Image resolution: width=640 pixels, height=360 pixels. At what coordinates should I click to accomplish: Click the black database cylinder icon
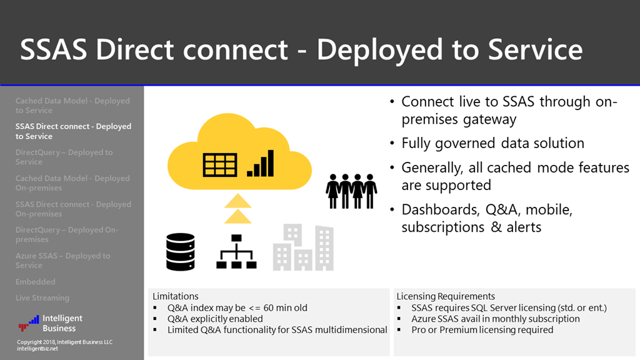(181, 251)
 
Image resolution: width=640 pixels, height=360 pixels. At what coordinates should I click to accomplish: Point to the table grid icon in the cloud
(220, 165)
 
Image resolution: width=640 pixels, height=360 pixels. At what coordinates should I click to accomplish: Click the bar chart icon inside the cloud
(261, 162)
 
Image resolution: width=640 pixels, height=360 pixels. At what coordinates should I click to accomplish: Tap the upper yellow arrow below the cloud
(237, 200)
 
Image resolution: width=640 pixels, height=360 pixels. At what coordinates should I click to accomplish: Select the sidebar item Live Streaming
(42, 298)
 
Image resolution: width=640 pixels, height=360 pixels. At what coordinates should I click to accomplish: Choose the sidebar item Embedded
(36, 282)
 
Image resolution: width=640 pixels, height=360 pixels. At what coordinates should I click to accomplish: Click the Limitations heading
(176, 296)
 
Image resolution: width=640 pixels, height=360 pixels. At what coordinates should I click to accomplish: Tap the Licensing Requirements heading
(446, 296)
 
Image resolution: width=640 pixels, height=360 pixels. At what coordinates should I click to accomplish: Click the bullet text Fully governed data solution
(492, 143)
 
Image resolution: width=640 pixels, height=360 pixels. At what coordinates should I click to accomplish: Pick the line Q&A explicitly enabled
(215, 319)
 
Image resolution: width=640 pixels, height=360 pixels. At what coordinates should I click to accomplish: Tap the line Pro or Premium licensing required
(482, 329)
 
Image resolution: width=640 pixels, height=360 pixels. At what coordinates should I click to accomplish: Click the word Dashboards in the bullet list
(441, 209)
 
